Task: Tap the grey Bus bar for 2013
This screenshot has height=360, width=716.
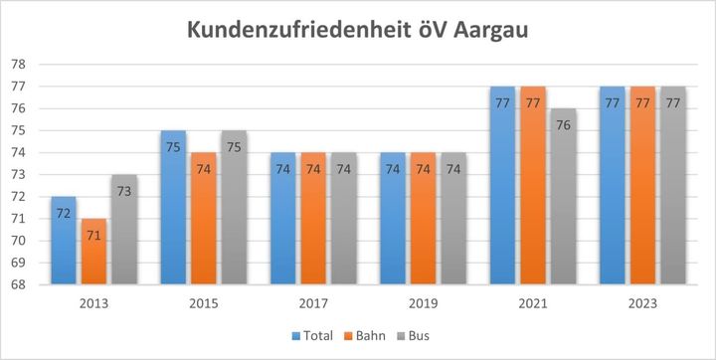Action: (123, 230)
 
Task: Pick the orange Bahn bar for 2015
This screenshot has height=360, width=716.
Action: (203, 219)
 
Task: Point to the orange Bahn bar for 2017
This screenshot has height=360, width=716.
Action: (312, 219)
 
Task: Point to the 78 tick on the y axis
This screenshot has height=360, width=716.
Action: (19, 65)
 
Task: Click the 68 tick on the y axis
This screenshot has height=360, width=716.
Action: (19, 285)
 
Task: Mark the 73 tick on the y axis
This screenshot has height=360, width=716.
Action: (19, 175)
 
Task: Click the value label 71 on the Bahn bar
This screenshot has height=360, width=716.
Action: (93, 236)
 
